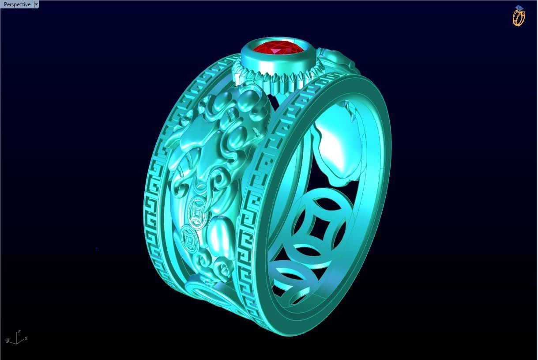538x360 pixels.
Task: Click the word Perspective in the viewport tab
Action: coord(17,4)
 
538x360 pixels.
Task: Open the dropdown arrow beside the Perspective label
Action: coord(36,4)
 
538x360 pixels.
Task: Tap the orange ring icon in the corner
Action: coord(519,16)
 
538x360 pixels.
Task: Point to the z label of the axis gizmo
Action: coord(19,331)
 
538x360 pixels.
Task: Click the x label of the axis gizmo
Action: coord(26,338)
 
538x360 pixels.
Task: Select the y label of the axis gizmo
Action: coord(8,340)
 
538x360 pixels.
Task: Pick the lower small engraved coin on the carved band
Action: coord(190,239)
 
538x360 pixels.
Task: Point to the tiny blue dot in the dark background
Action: coord(96,248)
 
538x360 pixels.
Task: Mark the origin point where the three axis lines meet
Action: coord(16,343)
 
